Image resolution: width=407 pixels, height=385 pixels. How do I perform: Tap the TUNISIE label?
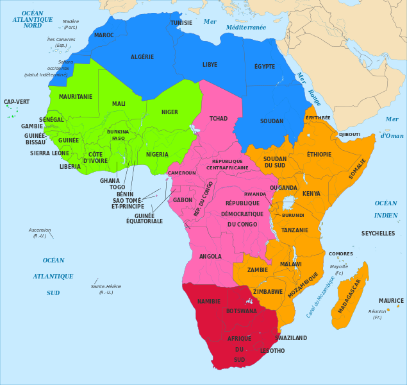click(181, 23)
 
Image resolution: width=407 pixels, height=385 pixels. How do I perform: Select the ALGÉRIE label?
click(142, 57)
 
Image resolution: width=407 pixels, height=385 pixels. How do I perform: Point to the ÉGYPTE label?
click(264, 67)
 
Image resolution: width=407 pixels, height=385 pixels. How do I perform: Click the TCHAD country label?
click(219, 119)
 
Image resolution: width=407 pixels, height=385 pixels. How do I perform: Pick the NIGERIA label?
click(157, 155)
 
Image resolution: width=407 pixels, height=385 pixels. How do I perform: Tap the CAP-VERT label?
click(17, 102)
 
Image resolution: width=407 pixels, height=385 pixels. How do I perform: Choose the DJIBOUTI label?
click(349, 134)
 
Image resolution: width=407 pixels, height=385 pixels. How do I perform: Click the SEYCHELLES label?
click(378, 234)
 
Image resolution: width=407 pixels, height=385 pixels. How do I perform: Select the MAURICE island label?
click(391, 301)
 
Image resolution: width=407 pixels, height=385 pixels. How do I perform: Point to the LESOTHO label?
click(272, 351)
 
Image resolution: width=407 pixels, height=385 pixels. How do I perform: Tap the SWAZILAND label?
click(291, 338)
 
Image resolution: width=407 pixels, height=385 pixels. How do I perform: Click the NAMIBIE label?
click(209, 301)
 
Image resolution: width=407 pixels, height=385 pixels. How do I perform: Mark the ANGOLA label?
click(211, 256)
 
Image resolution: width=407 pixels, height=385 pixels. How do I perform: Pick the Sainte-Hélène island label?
click(106, 286)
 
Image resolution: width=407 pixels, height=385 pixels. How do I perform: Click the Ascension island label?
click(40, 230)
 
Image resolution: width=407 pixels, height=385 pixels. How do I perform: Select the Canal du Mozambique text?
click(320, 296)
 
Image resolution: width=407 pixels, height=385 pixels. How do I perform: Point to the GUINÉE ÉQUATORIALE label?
click(144, 218)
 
